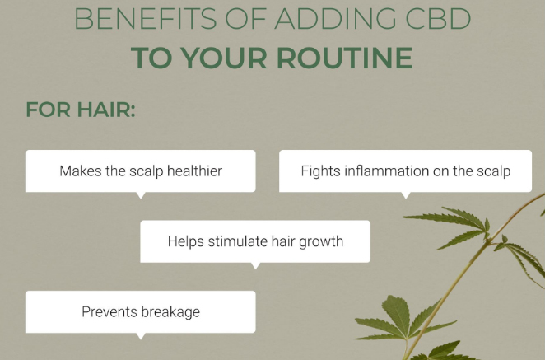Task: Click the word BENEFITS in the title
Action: [x=146, y=18]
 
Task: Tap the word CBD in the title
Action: [x=438, y=18]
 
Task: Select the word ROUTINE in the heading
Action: [x=344, y=58]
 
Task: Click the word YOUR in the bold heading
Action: [x=224, y=58]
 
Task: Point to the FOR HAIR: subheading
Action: [x=81, y=110]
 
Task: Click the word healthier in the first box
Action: [x=194, y=171]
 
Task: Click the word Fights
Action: [x=320, y=171]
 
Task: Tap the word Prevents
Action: [x=109, y=311]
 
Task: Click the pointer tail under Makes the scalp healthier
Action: [x=141, y=195]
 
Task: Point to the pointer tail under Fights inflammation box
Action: [x=406, y=195]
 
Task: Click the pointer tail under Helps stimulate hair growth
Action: [x=255, y=266]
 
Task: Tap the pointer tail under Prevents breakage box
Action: [x=141, y=336]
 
